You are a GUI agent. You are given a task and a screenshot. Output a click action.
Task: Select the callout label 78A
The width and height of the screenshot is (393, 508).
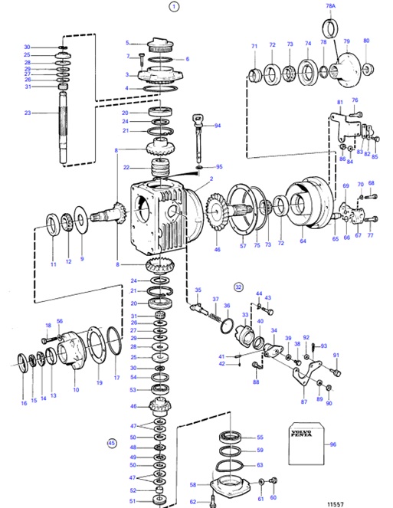(331, 6)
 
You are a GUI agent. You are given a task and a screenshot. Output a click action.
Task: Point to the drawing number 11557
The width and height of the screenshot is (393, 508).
(335, 503)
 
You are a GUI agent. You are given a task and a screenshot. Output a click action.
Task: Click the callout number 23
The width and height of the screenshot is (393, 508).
(28, 113)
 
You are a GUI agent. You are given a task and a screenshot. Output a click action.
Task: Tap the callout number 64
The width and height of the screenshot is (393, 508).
(303, 241)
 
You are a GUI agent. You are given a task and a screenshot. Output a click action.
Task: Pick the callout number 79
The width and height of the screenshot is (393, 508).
(346, 41)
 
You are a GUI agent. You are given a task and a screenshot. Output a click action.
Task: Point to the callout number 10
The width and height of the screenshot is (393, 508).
(75, 390)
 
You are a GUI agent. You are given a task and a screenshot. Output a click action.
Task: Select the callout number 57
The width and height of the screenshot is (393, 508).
(242, 247)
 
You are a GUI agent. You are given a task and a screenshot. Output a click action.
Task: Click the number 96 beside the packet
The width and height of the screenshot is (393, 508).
(332, 444)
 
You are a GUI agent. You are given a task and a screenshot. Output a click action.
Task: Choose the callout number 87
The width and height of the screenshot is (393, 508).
(304, 401)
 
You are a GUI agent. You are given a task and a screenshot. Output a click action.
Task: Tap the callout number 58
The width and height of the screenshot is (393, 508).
(192, 484)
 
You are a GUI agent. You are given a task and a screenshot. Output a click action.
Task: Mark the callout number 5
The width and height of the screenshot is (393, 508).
(129, 43)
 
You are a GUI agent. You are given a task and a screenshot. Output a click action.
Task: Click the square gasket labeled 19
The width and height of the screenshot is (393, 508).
(99, 355)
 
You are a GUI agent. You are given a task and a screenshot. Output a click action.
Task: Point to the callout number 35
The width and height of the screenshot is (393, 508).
(198, 290)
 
